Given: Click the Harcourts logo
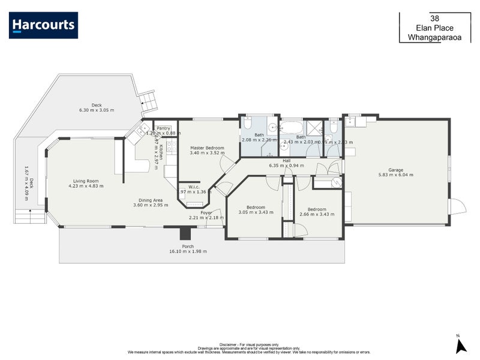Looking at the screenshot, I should point(43,25).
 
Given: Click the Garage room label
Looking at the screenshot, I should point(395,170).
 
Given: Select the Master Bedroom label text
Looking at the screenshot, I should point(207,148).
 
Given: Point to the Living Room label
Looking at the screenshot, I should point(86,181).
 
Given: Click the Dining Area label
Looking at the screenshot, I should point(151,200).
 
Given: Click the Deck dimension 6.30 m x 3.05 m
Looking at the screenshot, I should point(97,110).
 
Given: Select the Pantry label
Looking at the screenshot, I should point(163,128).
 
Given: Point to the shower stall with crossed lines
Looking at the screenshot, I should point(313,128).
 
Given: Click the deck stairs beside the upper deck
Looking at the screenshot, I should point(148,101).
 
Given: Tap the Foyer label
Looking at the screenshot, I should point(206,212).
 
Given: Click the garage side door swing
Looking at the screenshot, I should point(457,207).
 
